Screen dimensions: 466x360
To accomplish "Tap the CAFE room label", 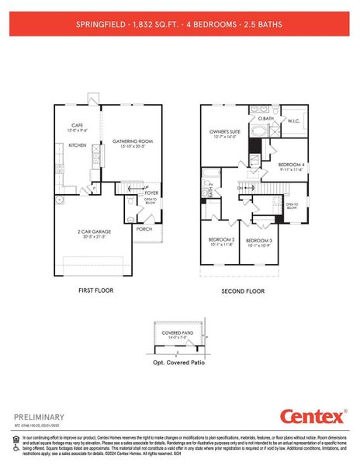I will coord(77,125).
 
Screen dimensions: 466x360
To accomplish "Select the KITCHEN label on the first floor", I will coord(77,145).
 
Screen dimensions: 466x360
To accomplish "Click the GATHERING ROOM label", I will coord(133,141).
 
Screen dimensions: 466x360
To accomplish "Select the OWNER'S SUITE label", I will coord(227,132).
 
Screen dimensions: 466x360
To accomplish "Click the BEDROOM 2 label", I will coord(221,239).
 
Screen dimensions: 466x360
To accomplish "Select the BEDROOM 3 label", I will coord(259,241).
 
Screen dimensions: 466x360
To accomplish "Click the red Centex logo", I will coord(313,417).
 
